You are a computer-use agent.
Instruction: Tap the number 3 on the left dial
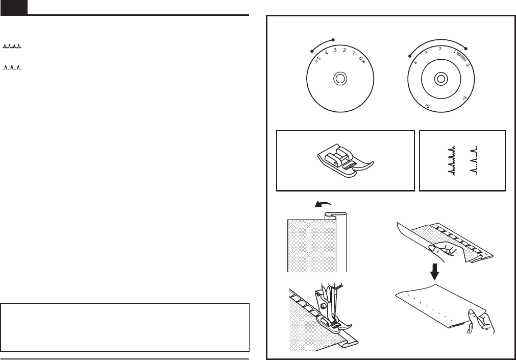point(335,50)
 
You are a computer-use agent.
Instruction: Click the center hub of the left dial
point(339,79)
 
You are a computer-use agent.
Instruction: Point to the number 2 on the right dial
point(440,49)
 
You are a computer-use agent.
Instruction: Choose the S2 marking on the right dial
point(428,106)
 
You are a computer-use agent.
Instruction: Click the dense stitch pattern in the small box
point(451,160)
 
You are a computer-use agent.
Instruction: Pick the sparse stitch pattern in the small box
point(474,160)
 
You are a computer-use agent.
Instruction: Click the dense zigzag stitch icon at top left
point(12,47)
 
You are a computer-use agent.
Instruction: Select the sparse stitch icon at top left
point(12,67)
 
